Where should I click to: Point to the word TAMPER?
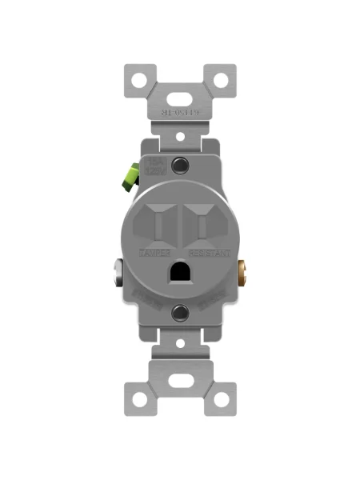pos(155,253)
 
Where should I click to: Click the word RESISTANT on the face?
pos(210,253)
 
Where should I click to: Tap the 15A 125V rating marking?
pos(154,167)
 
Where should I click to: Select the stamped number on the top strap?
pos(180,114)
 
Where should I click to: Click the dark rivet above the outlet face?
pos(180,166)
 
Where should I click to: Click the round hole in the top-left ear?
pos(139,81)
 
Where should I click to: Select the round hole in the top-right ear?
pos(221,81)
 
